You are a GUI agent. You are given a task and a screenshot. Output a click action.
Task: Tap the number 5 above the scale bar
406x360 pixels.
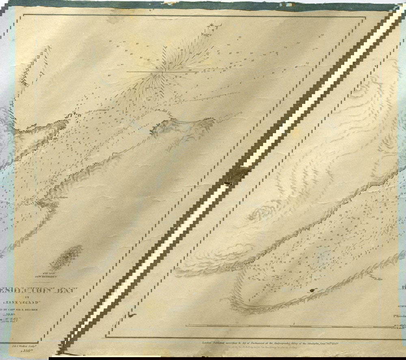(293, 323)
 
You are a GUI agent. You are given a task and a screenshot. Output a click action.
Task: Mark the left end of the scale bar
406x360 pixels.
(186, 326)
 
